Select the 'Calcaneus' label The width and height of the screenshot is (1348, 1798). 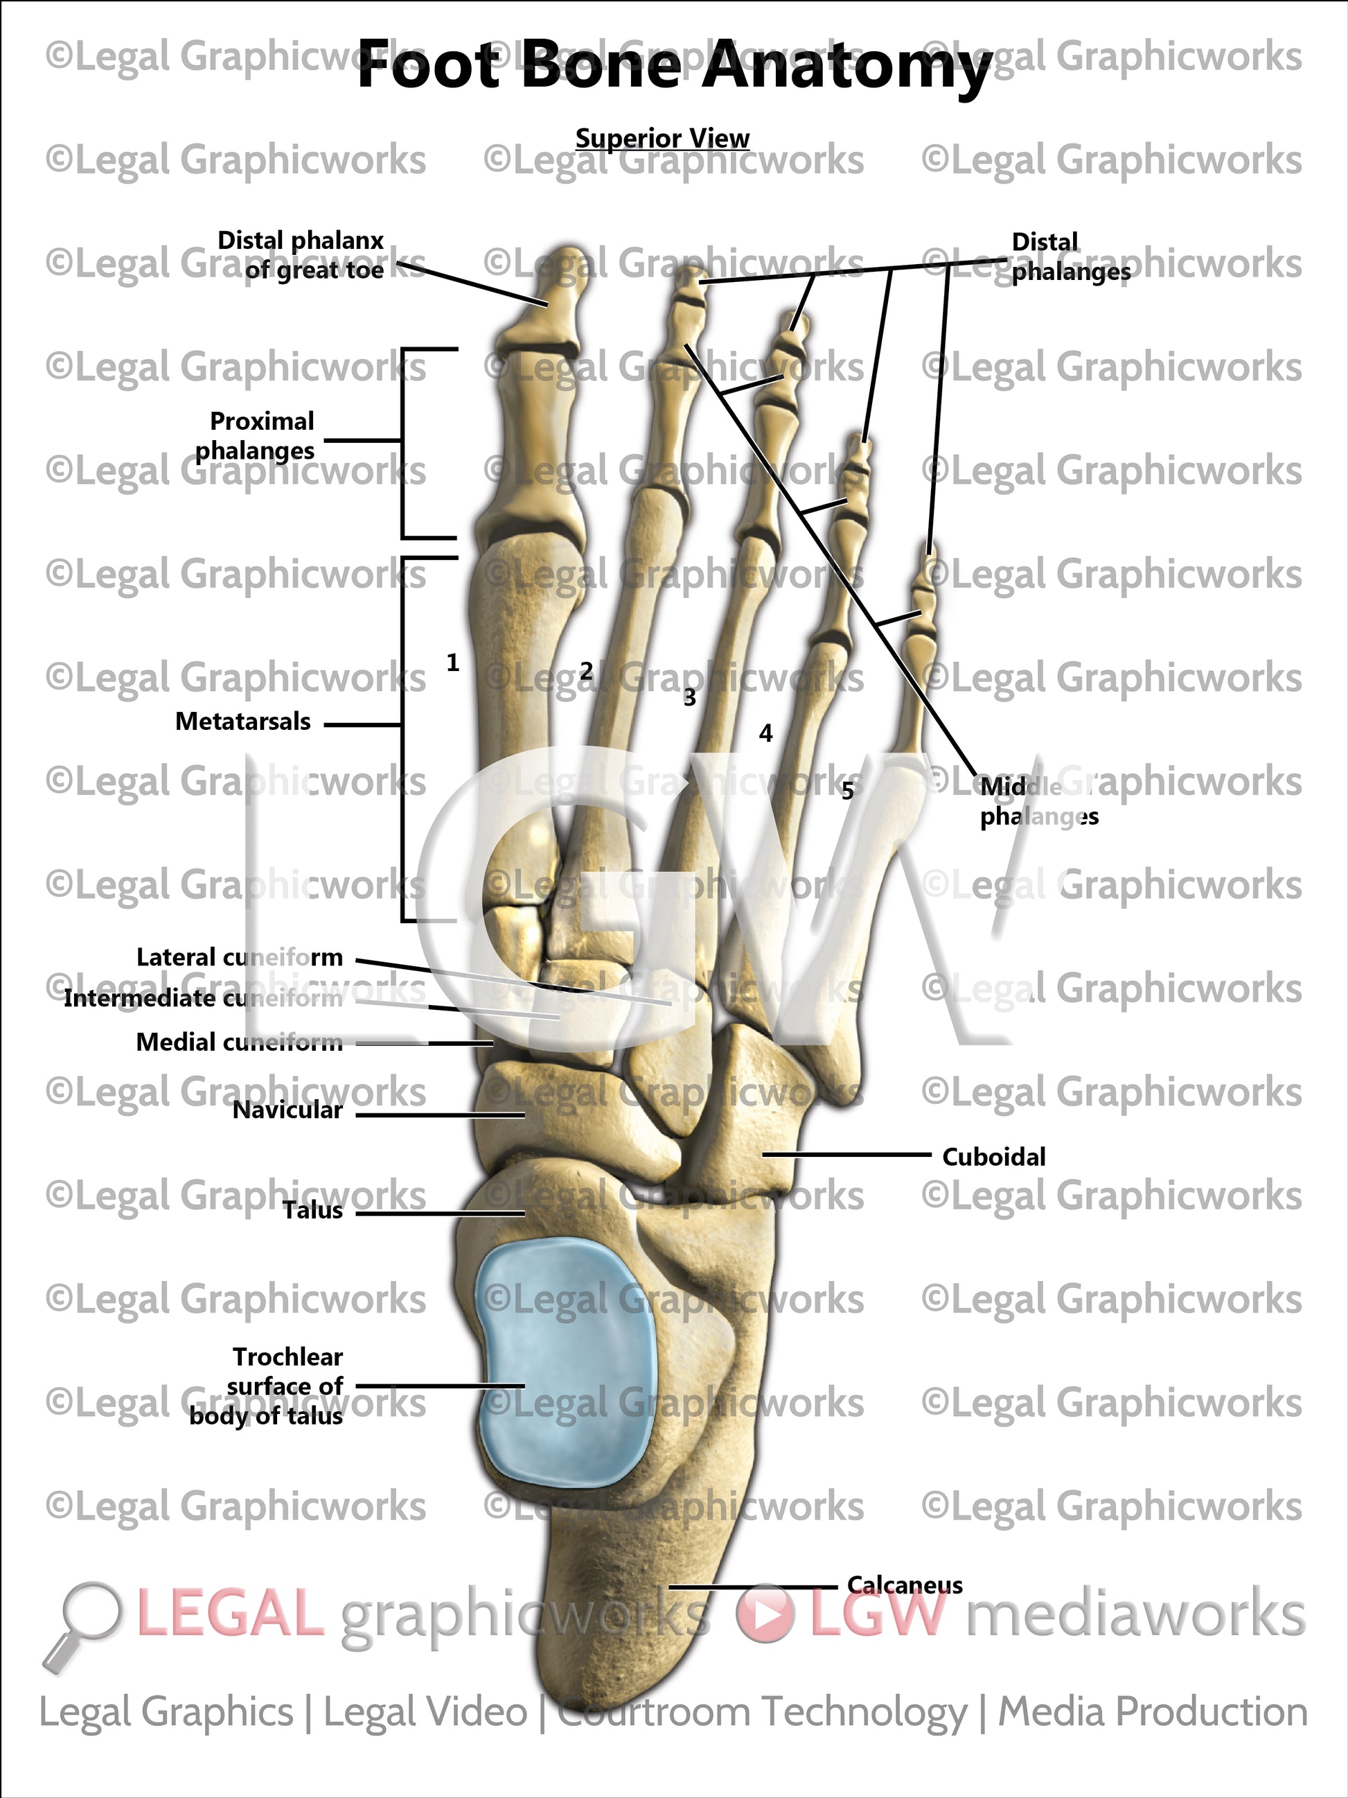(x=905, y=1585)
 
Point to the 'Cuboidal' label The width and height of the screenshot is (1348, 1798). (x=993, y=1157)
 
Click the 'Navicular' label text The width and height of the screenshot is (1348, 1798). (x=287, y=1110)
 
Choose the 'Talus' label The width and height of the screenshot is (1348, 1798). (x=313, y=1210)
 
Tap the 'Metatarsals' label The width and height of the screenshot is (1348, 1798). (x=243, y=722)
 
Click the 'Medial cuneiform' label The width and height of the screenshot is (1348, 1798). (x=239, y=1042)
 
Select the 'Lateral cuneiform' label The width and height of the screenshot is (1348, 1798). (x=239, y=957)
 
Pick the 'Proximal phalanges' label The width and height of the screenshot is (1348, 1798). (x=255, y=436)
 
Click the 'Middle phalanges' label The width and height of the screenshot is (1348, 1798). (x=1038, y=801)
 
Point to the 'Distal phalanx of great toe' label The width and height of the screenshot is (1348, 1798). (x=301, y=255)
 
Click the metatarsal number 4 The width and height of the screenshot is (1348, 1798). (x=765, y=734)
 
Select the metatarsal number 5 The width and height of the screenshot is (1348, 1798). (x=847, y=791)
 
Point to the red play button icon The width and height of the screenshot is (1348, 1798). (x=765, y=1614)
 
